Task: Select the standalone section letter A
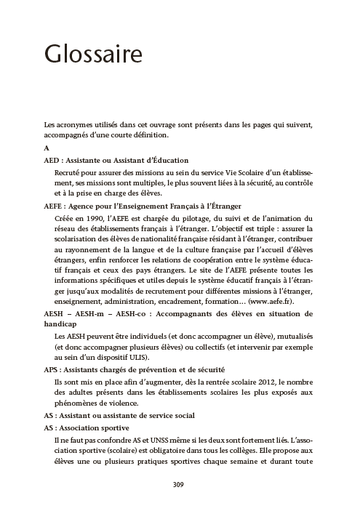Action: click(47, 148)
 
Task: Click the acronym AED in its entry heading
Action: click(52, 160)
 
